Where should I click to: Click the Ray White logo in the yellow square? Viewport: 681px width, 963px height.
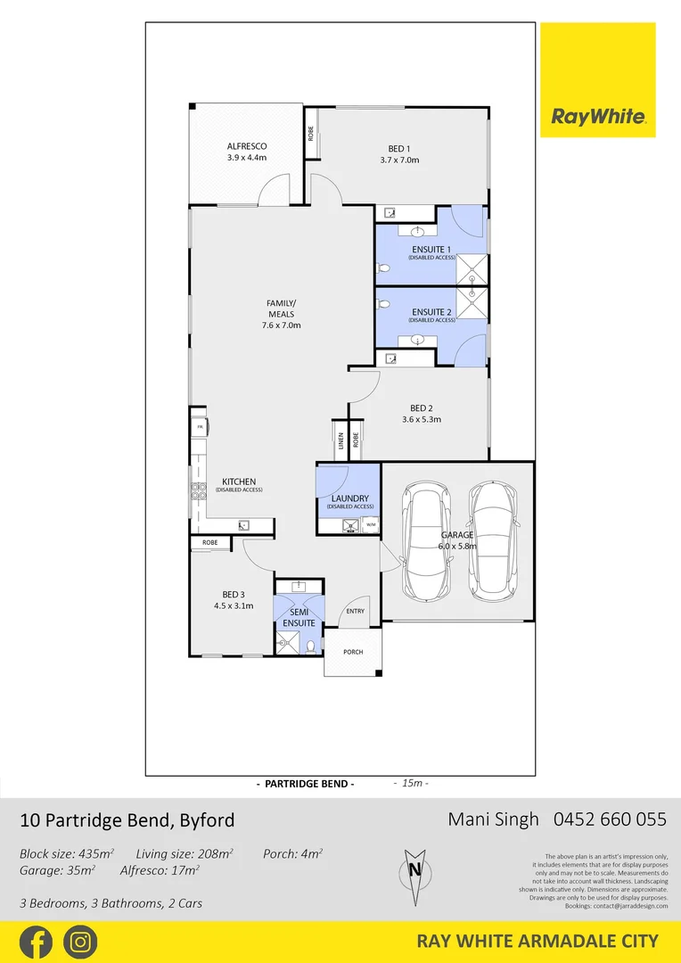(598, 116)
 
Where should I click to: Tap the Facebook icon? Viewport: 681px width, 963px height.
(36, 942)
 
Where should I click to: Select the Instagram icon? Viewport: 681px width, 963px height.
(81, 942)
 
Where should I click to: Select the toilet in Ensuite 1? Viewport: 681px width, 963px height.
(382, 267)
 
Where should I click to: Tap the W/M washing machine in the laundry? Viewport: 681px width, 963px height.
(371, 526)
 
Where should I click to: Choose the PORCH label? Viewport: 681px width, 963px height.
(353, 652)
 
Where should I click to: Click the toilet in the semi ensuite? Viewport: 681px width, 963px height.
(311, 646)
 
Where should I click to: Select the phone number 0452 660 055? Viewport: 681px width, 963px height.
(611, 819)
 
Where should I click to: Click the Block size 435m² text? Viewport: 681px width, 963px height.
(67, 853)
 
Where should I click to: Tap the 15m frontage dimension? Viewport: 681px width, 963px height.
(411, 784)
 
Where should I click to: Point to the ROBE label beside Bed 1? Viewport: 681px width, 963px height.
(311, 133)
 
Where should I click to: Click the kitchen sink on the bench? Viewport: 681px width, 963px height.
(244, 526)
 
